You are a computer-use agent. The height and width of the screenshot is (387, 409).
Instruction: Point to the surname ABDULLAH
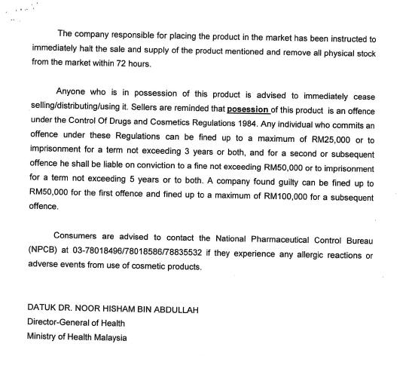(x=179, y=309)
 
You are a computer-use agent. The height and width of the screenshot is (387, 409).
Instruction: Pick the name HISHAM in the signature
(x=117, y=309)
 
